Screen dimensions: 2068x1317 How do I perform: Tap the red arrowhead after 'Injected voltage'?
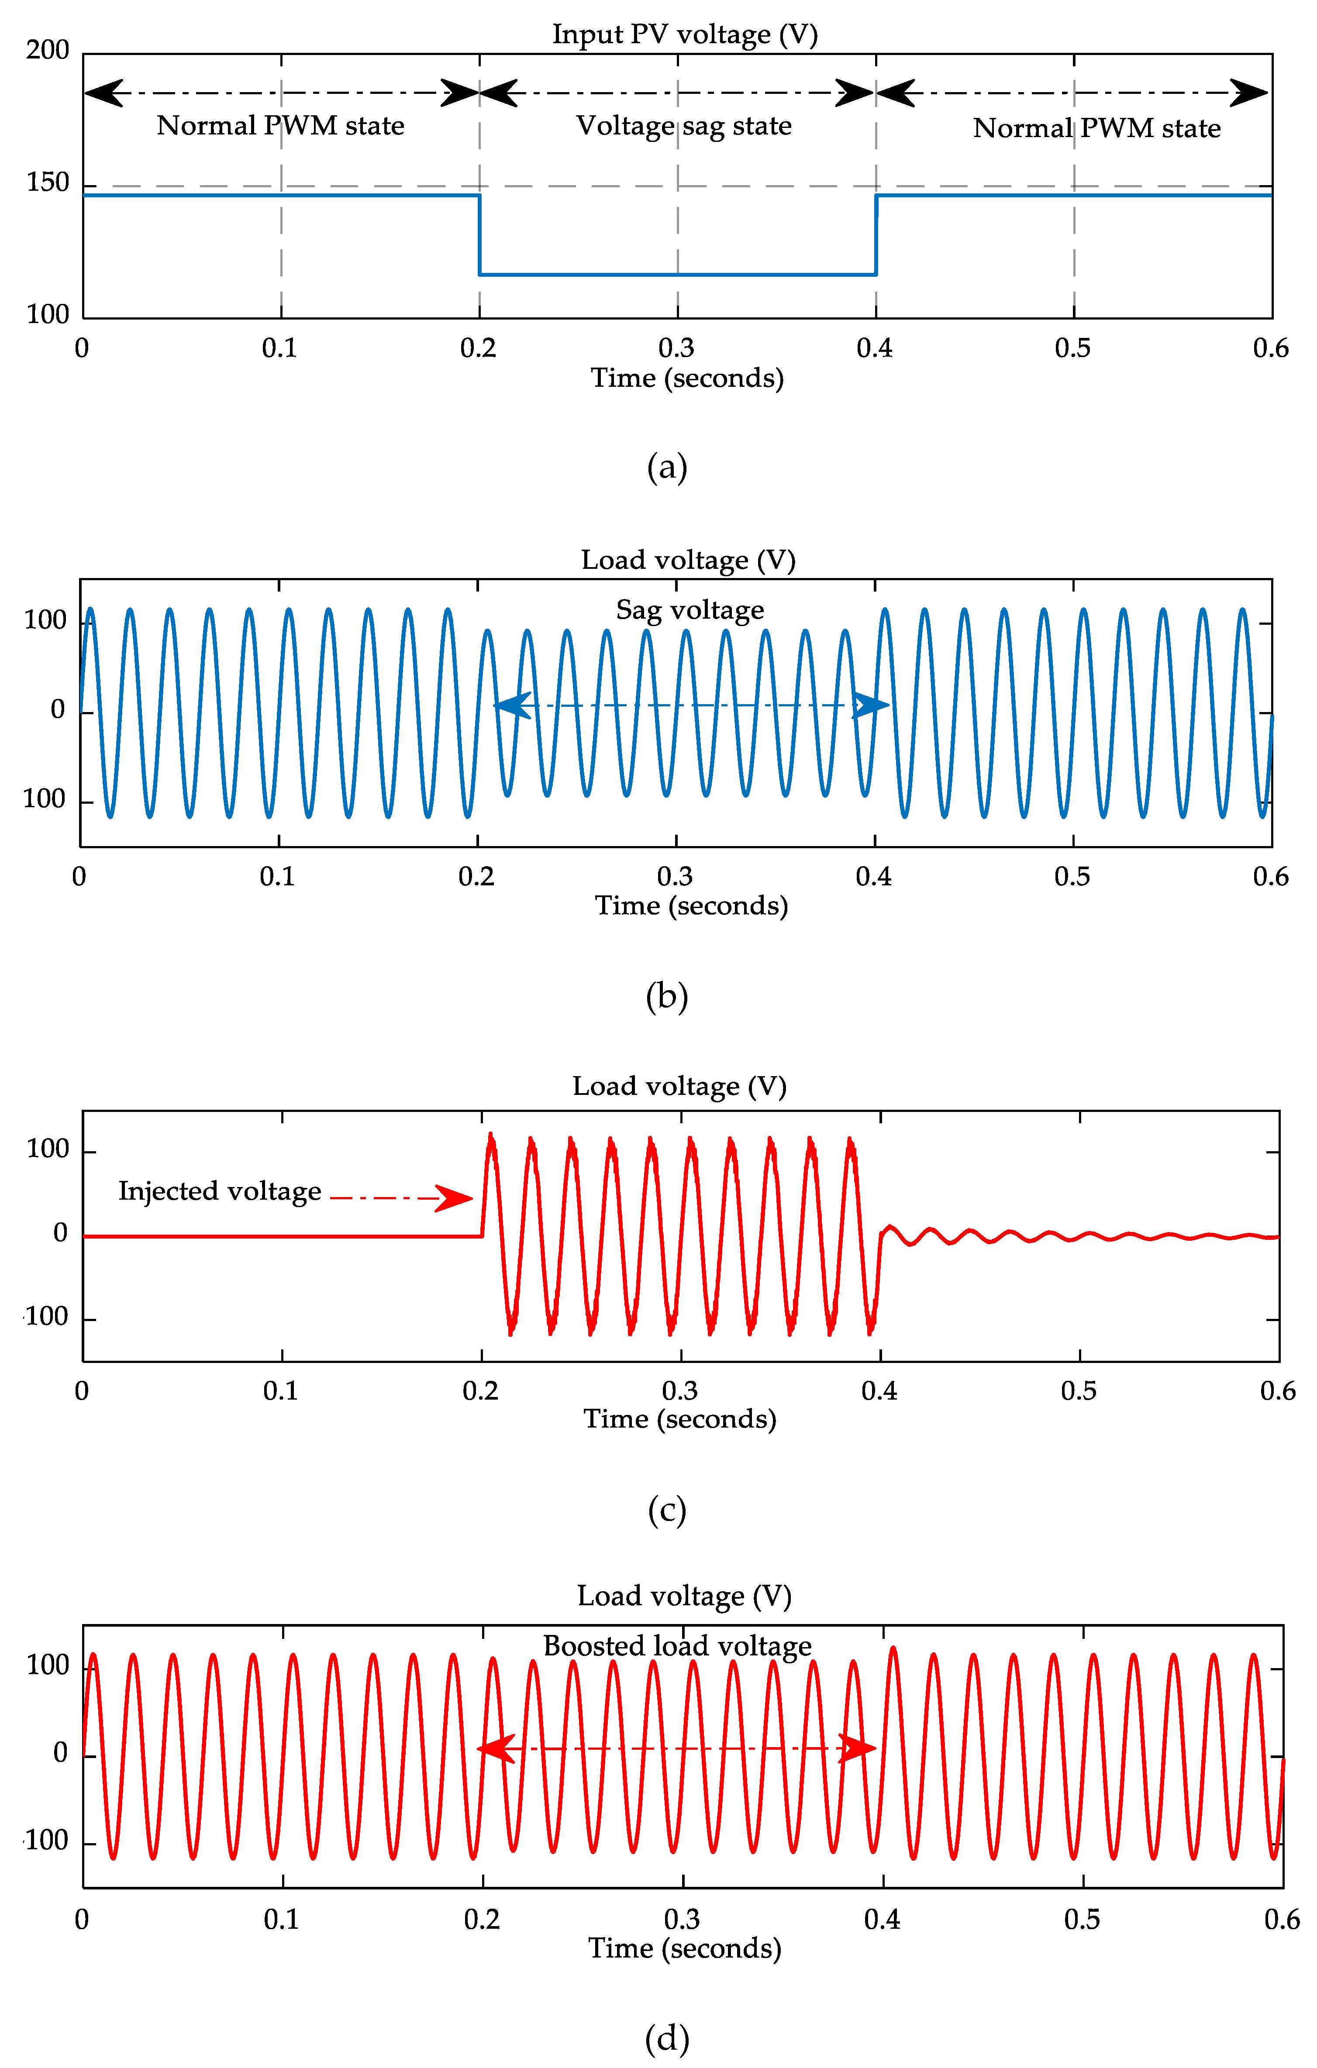coord(454,1198)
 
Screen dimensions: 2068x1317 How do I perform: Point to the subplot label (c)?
coord(667,1510)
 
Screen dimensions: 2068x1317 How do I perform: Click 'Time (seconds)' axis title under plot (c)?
coord(679,1419)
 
